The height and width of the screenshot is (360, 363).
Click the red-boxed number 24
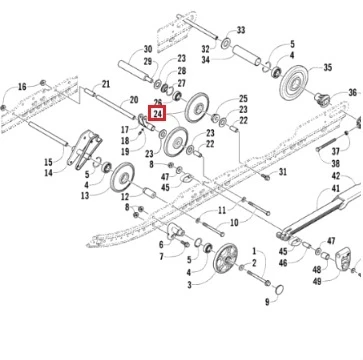tap(158, 114)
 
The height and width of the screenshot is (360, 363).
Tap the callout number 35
tap(327, 68)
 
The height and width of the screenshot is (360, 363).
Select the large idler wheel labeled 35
tap(294, 83)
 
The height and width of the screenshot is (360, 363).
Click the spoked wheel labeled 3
tap(225, 258)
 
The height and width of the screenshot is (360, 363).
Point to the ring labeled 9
tap(279, 290)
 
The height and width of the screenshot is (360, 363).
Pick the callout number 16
tap(22, 87)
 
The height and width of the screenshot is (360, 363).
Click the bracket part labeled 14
tap(84, 150)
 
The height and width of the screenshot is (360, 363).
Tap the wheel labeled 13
tap(122, 177)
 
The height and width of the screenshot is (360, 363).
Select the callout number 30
tap(148, 50)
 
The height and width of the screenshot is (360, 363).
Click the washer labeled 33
tap(227, 43)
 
